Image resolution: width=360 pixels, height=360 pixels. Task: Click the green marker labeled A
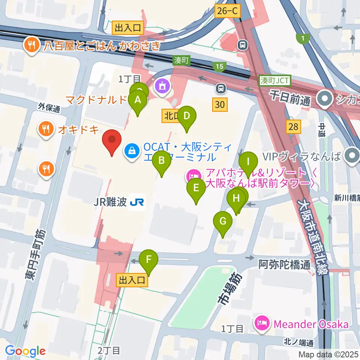[138, 100]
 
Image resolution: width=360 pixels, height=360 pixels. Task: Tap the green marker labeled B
[162, 161]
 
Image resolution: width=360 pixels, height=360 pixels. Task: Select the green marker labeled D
[187, 117]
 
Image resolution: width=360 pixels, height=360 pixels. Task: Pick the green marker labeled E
[196, 188]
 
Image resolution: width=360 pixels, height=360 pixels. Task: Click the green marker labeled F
[148, 259]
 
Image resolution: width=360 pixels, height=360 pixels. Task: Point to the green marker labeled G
[223, 222]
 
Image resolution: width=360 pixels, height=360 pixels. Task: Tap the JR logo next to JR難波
[137, 202]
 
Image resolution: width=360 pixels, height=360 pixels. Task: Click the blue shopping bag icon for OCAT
[132, 151]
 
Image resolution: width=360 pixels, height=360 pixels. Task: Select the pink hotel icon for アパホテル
[193, 174]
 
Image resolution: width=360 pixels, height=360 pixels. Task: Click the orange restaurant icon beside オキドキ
[46, 129]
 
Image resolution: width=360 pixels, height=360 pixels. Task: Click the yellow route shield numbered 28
[293, 127]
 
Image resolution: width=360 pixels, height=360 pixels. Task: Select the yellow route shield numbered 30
[220, 104]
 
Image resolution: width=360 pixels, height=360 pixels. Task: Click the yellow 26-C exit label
[227, 11]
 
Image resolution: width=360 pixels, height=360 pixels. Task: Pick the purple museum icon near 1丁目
[162, 86]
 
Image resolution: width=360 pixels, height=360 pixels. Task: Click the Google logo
[25, 351]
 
